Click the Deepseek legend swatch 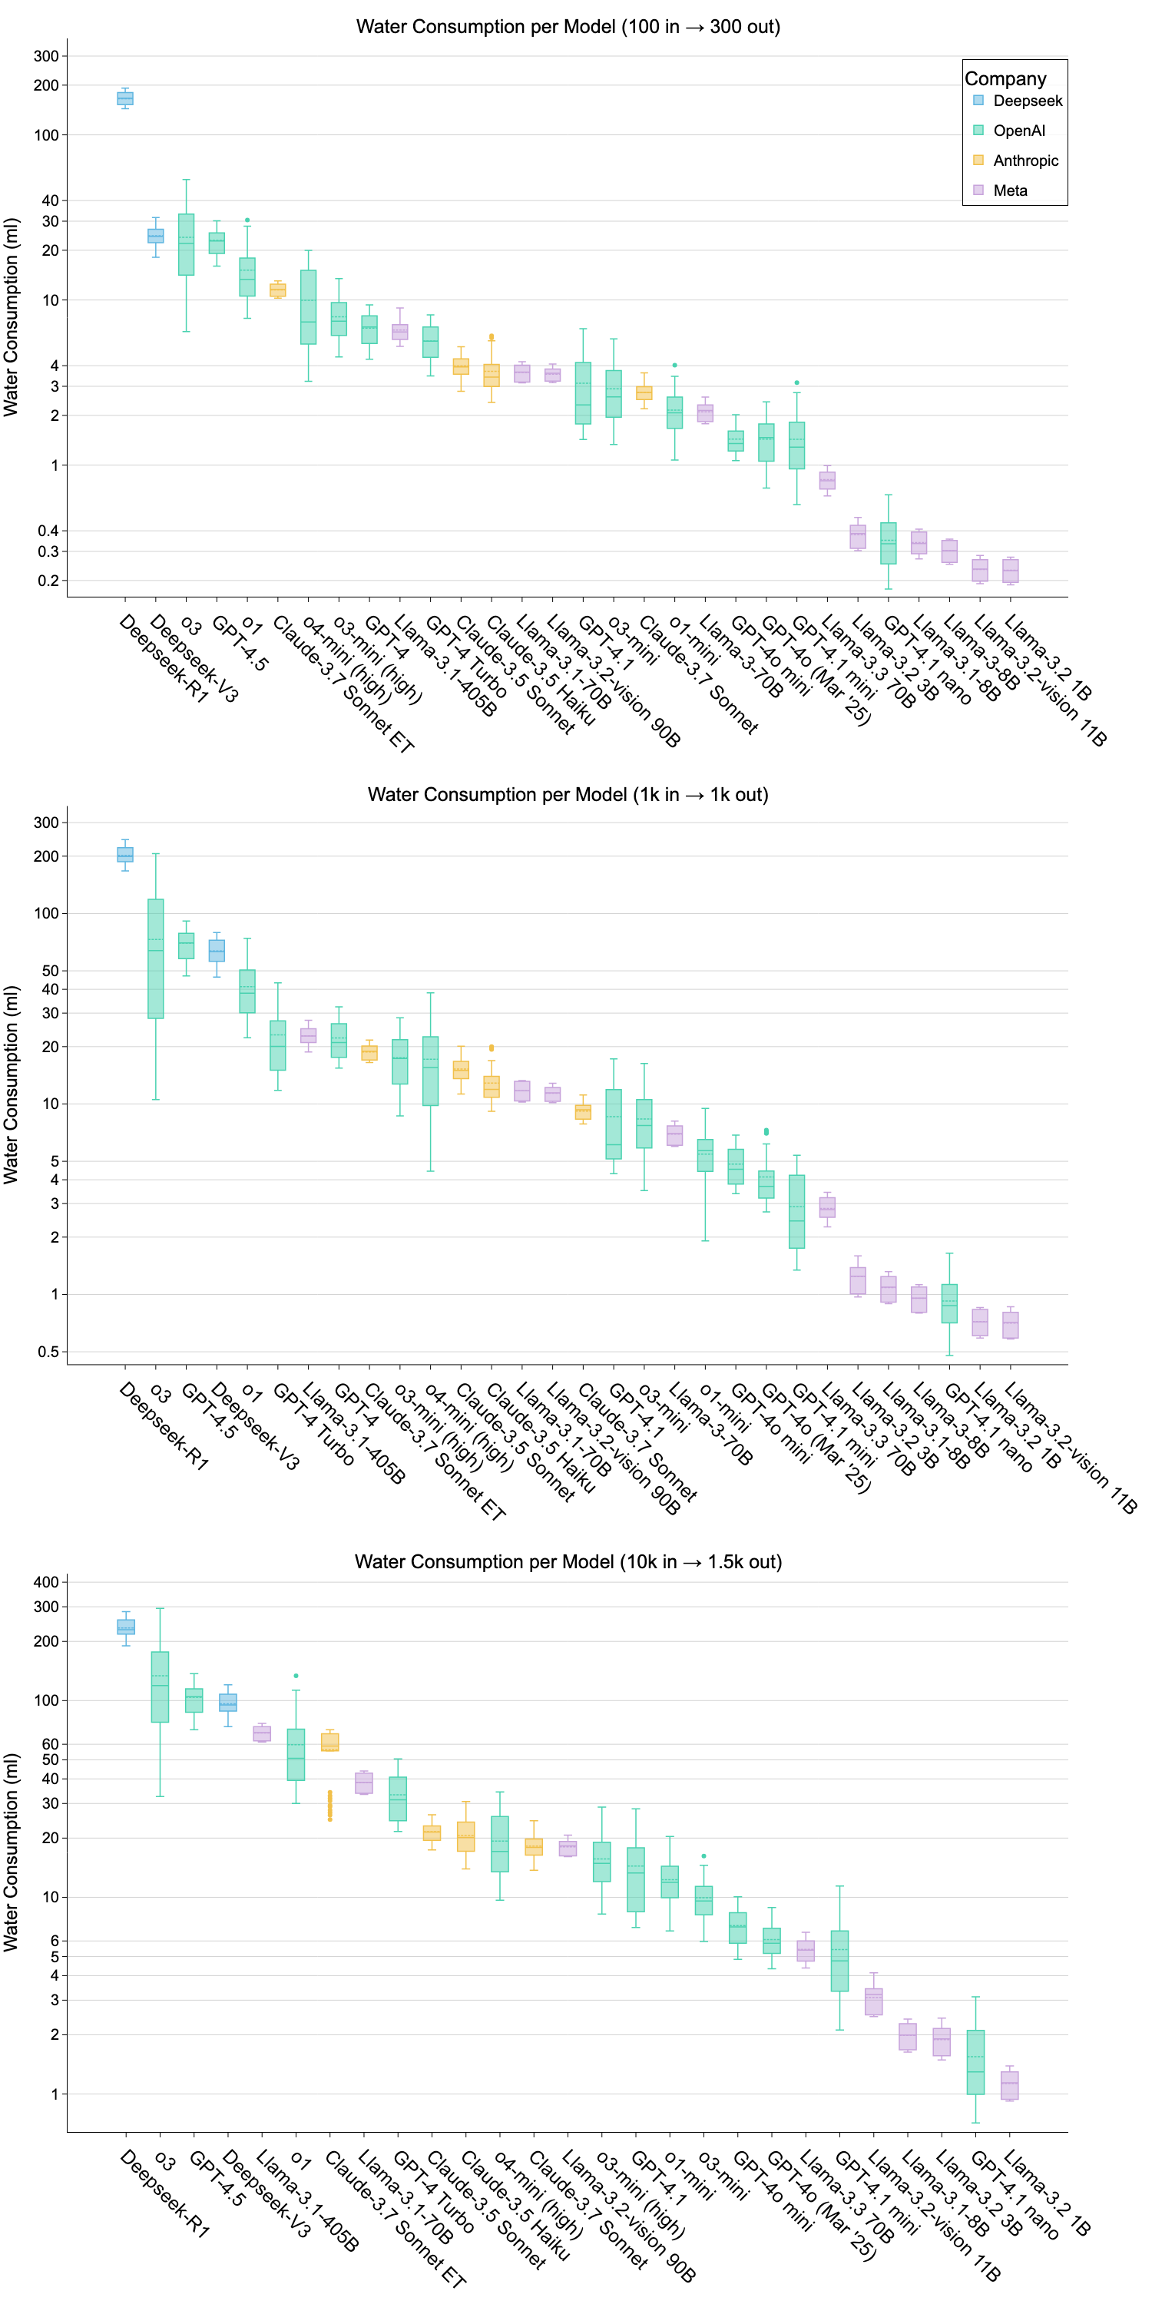point(978,100)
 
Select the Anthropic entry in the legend point(1025,161)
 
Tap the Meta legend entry point(1010,190)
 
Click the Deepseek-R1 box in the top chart point(125,98)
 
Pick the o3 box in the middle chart point(156,958)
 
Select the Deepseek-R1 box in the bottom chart point(126,1626)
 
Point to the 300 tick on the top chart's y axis point(47,55)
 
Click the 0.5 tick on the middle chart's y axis point(48,1352)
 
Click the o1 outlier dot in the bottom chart point(296,1676)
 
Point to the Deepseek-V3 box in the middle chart point(217,950)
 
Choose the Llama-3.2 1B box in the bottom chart point(1010,2085)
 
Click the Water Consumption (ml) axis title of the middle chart point(11,1085)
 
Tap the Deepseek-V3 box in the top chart point(156,236)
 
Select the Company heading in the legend point(1005,78)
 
